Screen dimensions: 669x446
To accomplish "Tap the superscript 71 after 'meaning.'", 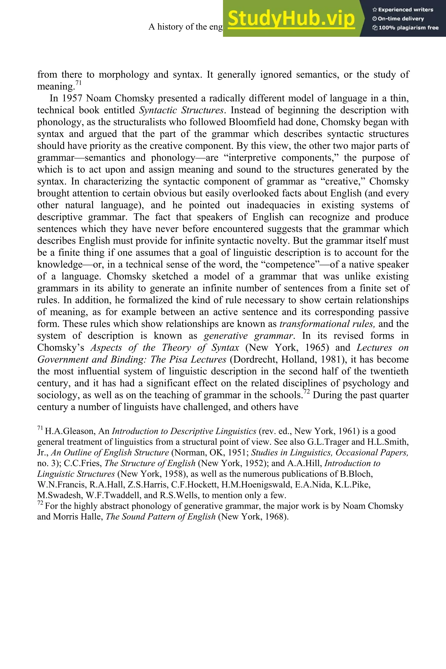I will pyautogui.click(x=78, y=83).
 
